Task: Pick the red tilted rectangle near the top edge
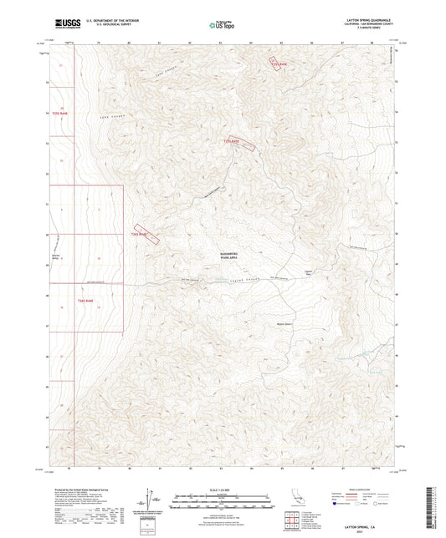[278, 63]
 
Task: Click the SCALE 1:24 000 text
[223, 489]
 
